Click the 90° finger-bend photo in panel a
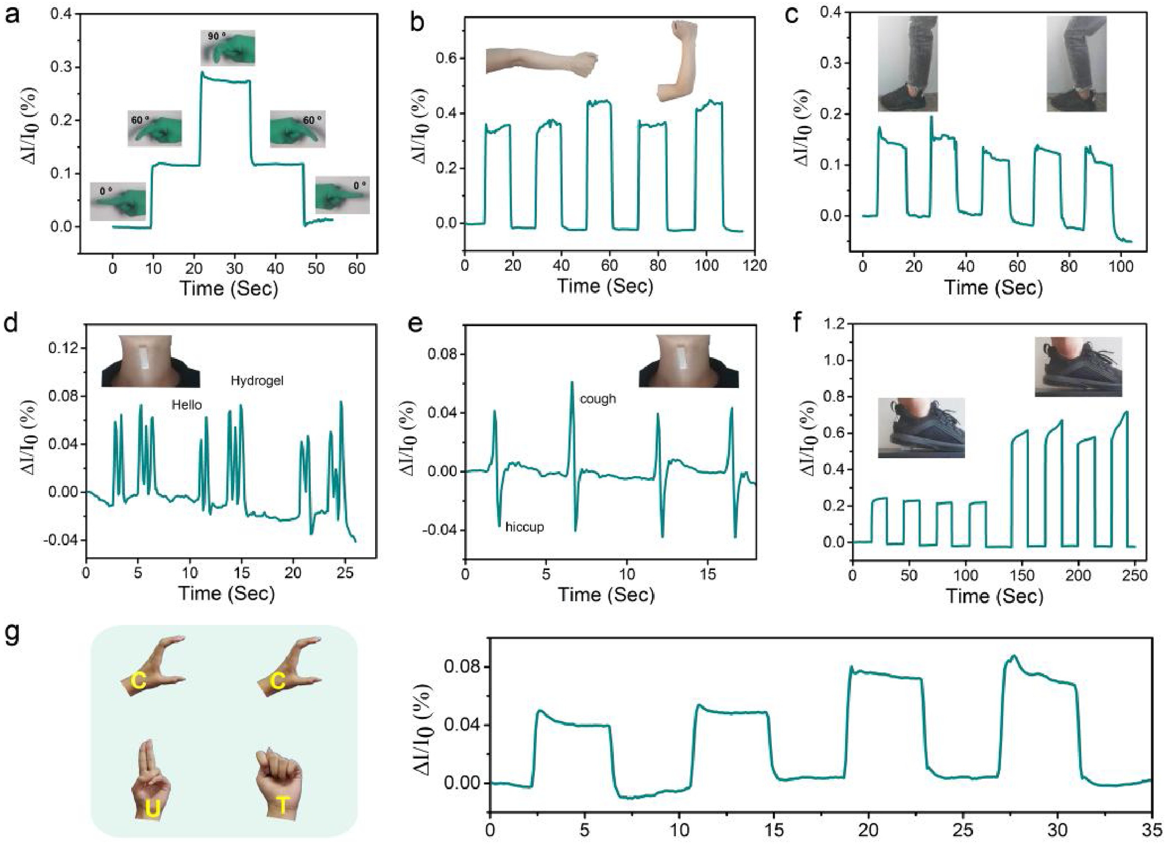[x=228, y=47]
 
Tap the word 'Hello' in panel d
[x=187, y=405]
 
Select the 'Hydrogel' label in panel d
[x=257, y=381]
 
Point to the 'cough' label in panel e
[x=598, y=399]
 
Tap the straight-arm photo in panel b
[x=542, y=62]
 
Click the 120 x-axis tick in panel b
[x=754, y=265]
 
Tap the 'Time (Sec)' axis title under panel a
[x=228, y=288]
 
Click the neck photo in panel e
[x=688, y=361]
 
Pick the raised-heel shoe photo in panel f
[x=1078, y=367]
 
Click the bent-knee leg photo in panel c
[x=1076, y=64]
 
